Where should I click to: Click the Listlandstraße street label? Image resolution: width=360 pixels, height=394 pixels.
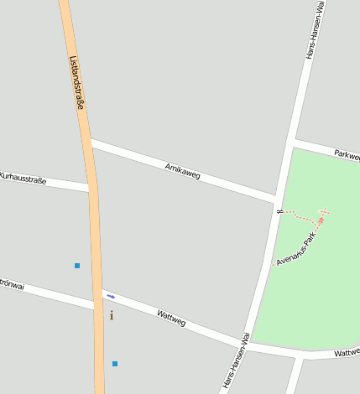(77, 82)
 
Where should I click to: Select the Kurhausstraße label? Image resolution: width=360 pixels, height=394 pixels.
(23, 178)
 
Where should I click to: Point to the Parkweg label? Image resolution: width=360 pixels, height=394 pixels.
(347, 154)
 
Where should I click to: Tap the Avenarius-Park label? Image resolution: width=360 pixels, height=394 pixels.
(295, 249)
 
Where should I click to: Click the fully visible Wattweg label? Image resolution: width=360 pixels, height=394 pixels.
(171, 317)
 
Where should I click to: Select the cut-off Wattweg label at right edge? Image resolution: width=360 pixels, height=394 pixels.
(347, 353)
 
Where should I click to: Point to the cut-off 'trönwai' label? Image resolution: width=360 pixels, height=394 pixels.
(12, 285)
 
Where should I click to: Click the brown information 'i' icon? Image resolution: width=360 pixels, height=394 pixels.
(112, 315)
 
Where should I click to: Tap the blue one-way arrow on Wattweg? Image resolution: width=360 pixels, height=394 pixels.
(111, 296)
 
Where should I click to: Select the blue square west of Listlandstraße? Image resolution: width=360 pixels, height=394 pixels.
(77, 266)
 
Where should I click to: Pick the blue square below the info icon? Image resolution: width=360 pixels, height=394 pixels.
(115, 364)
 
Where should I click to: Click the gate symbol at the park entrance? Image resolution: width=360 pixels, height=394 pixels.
(280, 210)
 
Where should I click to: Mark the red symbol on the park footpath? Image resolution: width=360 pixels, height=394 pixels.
(320, 220)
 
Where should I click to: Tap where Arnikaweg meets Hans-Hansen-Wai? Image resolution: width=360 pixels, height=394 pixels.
(275, 200)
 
